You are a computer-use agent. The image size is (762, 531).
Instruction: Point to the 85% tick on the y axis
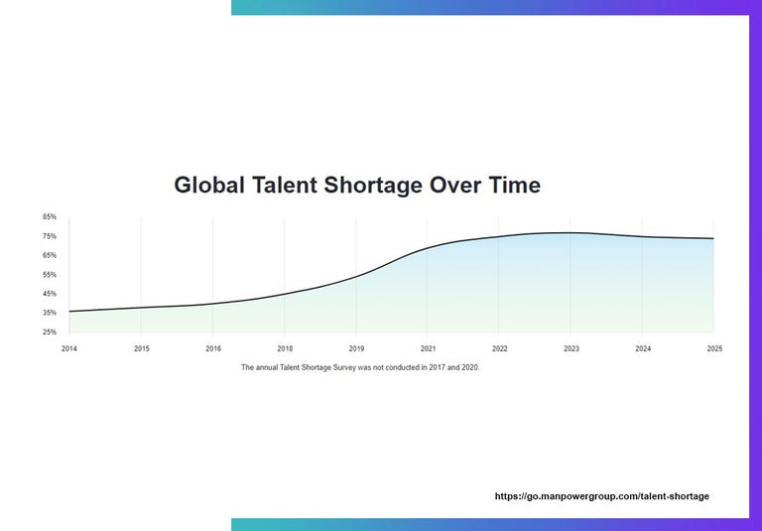[50, 216]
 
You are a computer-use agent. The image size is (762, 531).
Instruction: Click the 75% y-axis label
[50, 236]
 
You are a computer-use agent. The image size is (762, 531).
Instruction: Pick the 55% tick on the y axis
[50, 275]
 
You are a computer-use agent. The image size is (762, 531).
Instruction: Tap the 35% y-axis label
[50, 313]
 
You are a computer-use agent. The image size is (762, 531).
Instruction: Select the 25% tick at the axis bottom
[50, 332]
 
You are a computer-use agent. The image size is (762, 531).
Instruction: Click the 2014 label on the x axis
[69, 349]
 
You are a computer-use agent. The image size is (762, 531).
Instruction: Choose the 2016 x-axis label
[213, 349]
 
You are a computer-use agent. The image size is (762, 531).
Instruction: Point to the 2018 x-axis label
[285, 349]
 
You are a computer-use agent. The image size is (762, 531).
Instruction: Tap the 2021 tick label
[428, 349]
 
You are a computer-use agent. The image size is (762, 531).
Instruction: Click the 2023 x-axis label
[571, 349]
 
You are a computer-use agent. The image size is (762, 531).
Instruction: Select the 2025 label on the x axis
[713, 349]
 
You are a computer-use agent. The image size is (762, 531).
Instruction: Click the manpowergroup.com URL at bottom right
[602, 496]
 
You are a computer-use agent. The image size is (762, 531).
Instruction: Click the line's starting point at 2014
[69, 312]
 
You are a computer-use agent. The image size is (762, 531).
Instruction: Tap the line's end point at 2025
[713, 238]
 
